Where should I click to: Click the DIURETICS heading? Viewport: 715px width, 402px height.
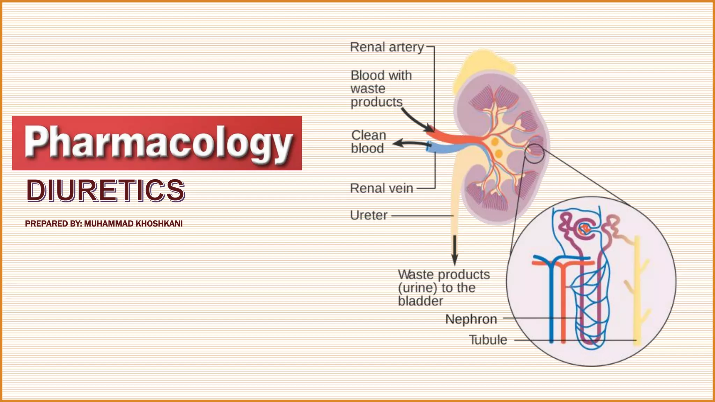(105, 191)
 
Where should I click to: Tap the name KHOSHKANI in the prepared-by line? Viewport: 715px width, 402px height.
(159, 224)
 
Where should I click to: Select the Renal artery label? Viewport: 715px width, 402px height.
(386, 47)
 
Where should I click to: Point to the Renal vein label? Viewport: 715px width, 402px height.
(381, 188)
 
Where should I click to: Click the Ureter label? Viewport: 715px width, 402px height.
(369, 215)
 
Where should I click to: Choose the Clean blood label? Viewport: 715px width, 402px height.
(368, 142)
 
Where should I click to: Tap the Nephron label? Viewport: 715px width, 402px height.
(471, 319)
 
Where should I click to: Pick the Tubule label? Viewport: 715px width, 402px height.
(488, 340)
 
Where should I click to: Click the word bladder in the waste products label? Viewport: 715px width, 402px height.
(420, 301)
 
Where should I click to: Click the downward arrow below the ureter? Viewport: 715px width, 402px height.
(455, 250)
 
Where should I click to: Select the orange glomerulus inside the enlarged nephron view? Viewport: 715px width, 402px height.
(584, 229)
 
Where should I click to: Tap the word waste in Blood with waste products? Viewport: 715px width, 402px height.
(368, 89)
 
